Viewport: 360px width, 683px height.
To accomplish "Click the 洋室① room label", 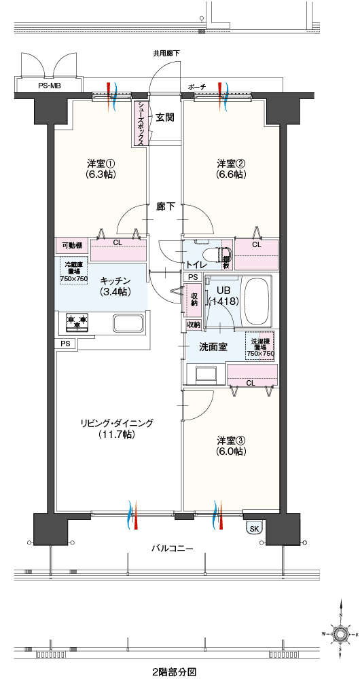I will coord(101,168).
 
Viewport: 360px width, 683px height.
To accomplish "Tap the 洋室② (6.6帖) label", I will coord(232,168).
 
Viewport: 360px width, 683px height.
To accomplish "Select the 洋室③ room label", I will coord(231,445).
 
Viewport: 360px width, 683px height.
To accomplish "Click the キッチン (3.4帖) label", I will coord(115,286).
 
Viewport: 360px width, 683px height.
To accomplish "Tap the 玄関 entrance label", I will coord(165,117).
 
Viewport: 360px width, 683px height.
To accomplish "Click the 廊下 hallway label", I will coord(166,206).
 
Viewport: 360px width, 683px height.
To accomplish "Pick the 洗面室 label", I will coord(213,347).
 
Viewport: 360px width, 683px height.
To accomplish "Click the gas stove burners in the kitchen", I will coord(77,322).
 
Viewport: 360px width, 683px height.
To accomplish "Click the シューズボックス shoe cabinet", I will coord(140,123).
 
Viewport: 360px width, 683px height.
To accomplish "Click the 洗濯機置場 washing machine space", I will coord(260,348).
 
